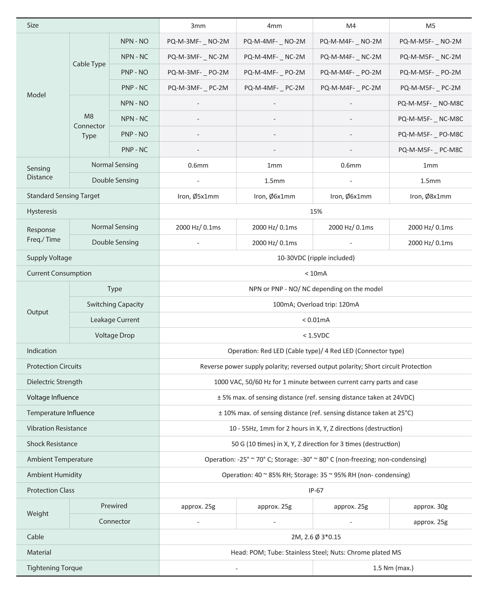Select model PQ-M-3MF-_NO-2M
[198, 41]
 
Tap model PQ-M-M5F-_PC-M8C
[430, 150]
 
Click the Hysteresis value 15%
[316, 211]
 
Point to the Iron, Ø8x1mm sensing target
[430, 196]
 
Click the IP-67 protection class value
[316, 491]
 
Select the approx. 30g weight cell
[430, 507]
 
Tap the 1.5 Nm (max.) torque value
[393, 568]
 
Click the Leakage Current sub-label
[115, 320]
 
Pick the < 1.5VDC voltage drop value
[316, 335]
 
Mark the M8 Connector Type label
[89, 126]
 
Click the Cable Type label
[89, 64]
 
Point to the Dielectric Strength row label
[54, 382]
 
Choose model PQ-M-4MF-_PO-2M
[274, 72]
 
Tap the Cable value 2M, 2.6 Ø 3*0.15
[316, 537]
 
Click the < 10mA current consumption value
[316, 273]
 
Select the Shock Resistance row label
[52, 444]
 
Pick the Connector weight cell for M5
[430, 522]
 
